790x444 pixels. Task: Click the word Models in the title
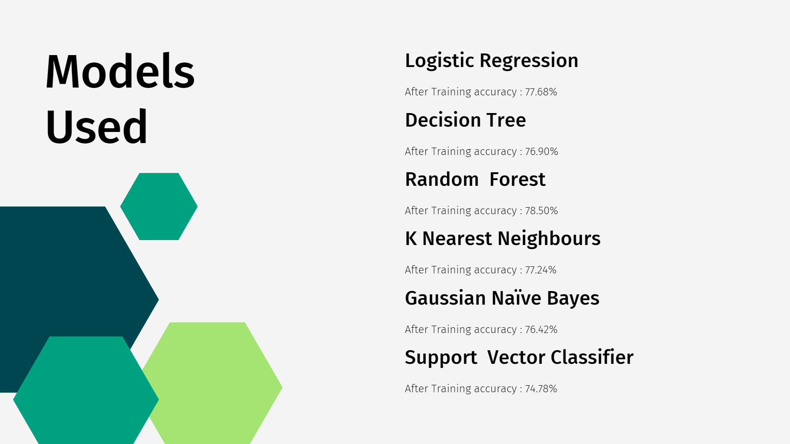pyautogui.click(x=120, y=71)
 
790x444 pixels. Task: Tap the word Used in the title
pyautogui.click(x=96, y=127)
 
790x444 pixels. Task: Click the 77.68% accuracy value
pyautogui.click(x=541, y=92)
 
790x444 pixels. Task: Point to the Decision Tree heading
pyautogui.click(x=465, y=120)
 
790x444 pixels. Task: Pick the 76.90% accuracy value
pyautogui.click(x=541, y=151)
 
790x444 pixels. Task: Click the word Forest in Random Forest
pyautogui.click(x=517, y=180)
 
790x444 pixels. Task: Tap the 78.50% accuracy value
pyautogui.click(x=541, y=210)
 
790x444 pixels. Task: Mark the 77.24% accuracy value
pyautogui.click(x=541, y=270)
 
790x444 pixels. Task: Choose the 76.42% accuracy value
pyautogui.click(x=541, y=329)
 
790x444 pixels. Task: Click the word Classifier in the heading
pyautogui.click(x=592, y=357)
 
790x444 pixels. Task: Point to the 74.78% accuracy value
pyautogui.click(x=541, y=388)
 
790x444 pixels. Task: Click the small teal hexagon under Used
pyautogui.click(x=159, y=206)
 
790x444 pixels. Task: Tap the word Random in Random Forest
pyautogui.click(x=442, y=180)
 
